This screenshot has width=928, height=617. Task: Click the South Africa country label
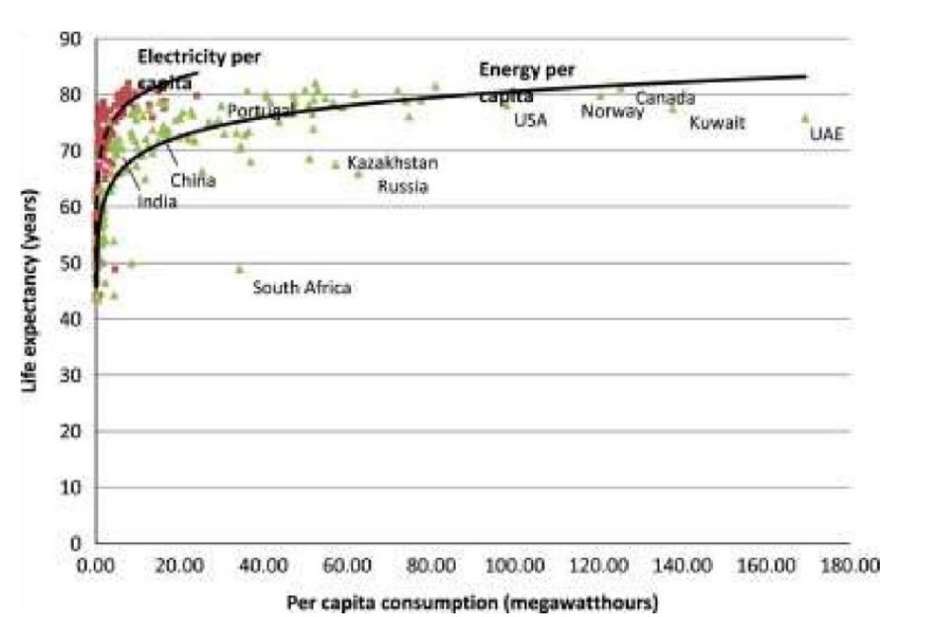[301, 288]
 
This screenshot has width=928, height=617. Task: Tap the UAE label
[826, 135]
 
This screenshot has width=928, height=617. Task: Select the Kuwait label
[717, 123]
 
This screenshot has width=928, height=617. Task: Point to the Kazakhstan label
[392, 163]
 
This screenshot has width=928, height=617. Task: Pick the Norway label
[612, 112]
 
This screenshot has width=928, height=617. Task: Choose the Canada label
[665, 97]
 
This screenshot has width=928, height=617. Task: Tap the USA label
[530, 119]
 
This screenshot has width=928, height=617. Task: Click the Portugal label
[260, 111]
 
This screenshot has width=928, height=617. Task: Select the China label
[193, 180]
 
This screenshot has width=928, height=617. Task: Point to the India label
[156, 202]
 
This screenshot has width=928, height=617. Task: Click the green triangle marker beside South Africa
[240, 269]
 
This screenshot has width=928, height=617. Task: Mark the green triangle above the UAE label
[804, 117]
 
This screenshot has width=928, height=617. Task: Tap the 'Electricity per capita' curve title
[198, 68]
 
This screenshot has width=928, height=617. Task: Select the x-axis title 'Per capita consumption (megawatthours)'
[471, 602]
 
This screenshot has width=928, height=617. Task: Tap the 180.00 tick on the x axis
[850, 565]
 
